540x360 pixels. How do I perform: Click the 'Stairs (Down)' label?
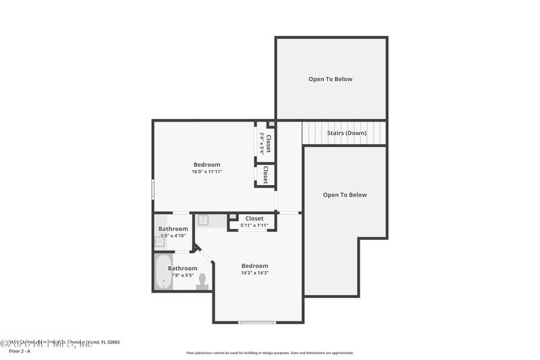(x=346, y=133)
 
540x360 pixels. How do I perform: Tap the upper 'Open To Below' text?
(x=330, y=79)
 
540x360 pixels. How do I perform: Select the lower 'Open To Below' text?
(x=344, y=195)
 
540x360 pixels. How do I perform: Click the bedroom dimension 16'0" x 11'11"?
(x=207, y=172)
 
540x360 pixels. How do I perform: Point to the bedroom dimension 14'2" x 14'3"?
(x=254, y=273)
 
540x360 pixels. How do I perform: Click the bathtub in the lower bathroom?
(x=163, y=274)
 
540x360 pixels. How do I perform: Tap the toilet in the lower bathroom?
(x=202, y=282)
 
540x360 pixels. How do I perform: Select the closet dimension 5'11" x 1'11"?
(x=254, y=226)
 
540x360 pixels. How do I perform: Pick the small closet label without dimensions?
(x=266, y=175)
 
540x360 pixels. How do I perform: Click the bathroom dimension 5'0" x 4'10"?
(x=173, y=236)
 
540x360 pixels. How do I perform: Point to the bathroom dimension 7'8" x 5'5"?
(x=182, y=276)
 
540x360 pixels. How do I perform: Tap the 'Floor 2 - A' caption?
(x=21, y=351)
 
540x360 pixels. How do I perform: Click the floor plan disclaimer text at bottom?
(x=269, y=353)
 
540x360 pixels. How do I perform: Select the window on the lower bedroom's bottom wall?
(x=257, y=322)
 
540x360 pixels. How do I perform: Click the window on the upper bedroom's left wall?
(x=153, y=188)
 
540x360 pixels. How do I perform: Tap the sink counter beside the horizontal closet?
(x=211, y=220)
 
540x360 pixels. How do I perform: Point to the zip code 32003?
(x=113, y=342)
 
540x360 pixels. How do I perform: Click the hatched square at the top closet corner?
(x=271, y=124)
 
